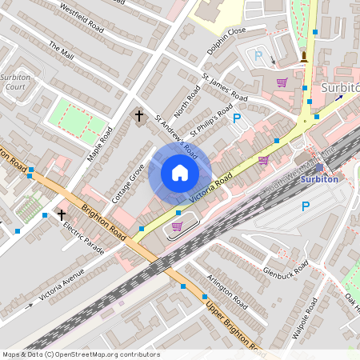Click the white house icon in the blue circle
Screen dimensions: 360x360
tap(180, 173)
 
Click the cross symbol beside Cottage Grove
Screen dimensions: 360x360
tap(138, 116)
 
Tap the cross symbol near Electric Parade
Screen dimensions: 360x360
tap(62, 214)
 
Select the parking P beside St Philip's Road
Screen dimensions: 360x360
tap(236, 118)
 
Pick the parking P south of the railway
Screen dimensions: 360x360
tap(305, 206)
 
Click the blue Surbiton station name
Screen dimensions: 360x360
tap(318, 179)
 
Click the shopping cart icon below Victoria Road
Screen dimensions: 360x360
tap(177, 227)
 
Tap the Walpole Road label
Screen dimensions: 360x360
tap(305, 318)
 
